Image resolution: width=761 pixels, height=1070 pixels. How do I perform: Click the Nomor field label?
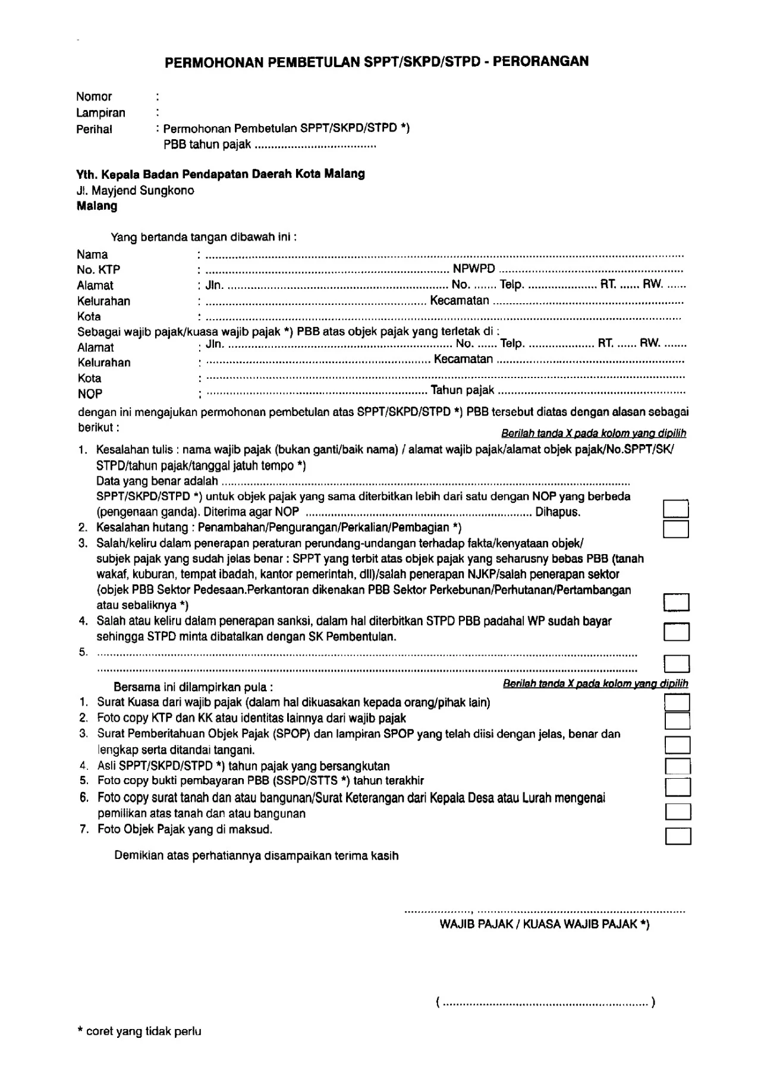tap(94, 97)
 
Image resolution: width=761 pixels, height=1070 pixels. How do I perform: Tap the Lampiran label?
tap(100, 113)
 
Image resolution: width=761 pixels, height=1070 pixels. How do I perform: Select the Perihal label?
tap(94, 129)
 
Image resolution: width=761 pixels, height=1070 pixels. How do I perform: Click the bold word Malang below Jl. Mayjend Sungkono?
tap(97, 206)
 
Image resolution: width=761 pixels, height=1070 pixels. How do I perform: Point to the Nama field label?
tap(92, 254)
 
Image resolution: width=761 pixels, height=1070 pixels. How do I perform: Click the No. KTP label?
tap(98, 270)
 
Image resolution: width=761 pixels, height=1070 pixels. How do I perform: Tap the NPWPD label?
tap(474, 269)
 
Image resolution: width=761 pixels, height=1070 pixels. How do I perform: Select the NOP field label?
tap(90, 394)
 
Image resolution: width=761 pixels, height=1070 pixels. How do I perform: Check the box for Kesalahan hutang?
tap(675, 529)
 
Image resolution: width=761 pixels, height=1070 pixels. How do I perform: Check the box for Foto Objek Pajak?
tap(678, 836)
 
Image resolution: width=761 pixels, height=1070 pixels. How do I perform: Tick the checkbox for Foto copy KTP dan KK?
tap(677, 720)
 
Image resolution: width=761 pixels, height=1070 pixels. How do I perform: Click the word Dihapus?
tap(558, 512)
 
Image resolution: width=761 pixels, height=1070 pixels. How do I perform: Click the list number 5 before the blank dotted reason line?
tap(83, 652)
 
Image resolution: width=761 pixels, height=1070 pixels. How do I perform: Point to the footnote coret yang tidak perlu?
tap(143, 1031)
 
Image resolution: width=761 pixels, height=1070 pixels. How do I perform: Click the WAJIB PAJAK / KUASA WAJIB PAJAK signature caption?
tap(544, 924)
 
